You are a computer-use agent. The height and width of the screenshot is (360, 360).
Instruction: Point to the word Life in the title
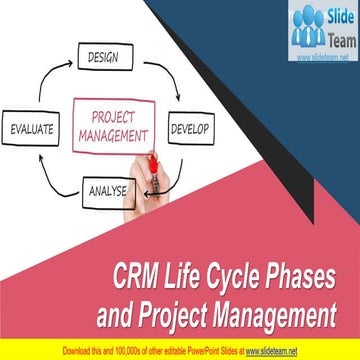186,273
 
